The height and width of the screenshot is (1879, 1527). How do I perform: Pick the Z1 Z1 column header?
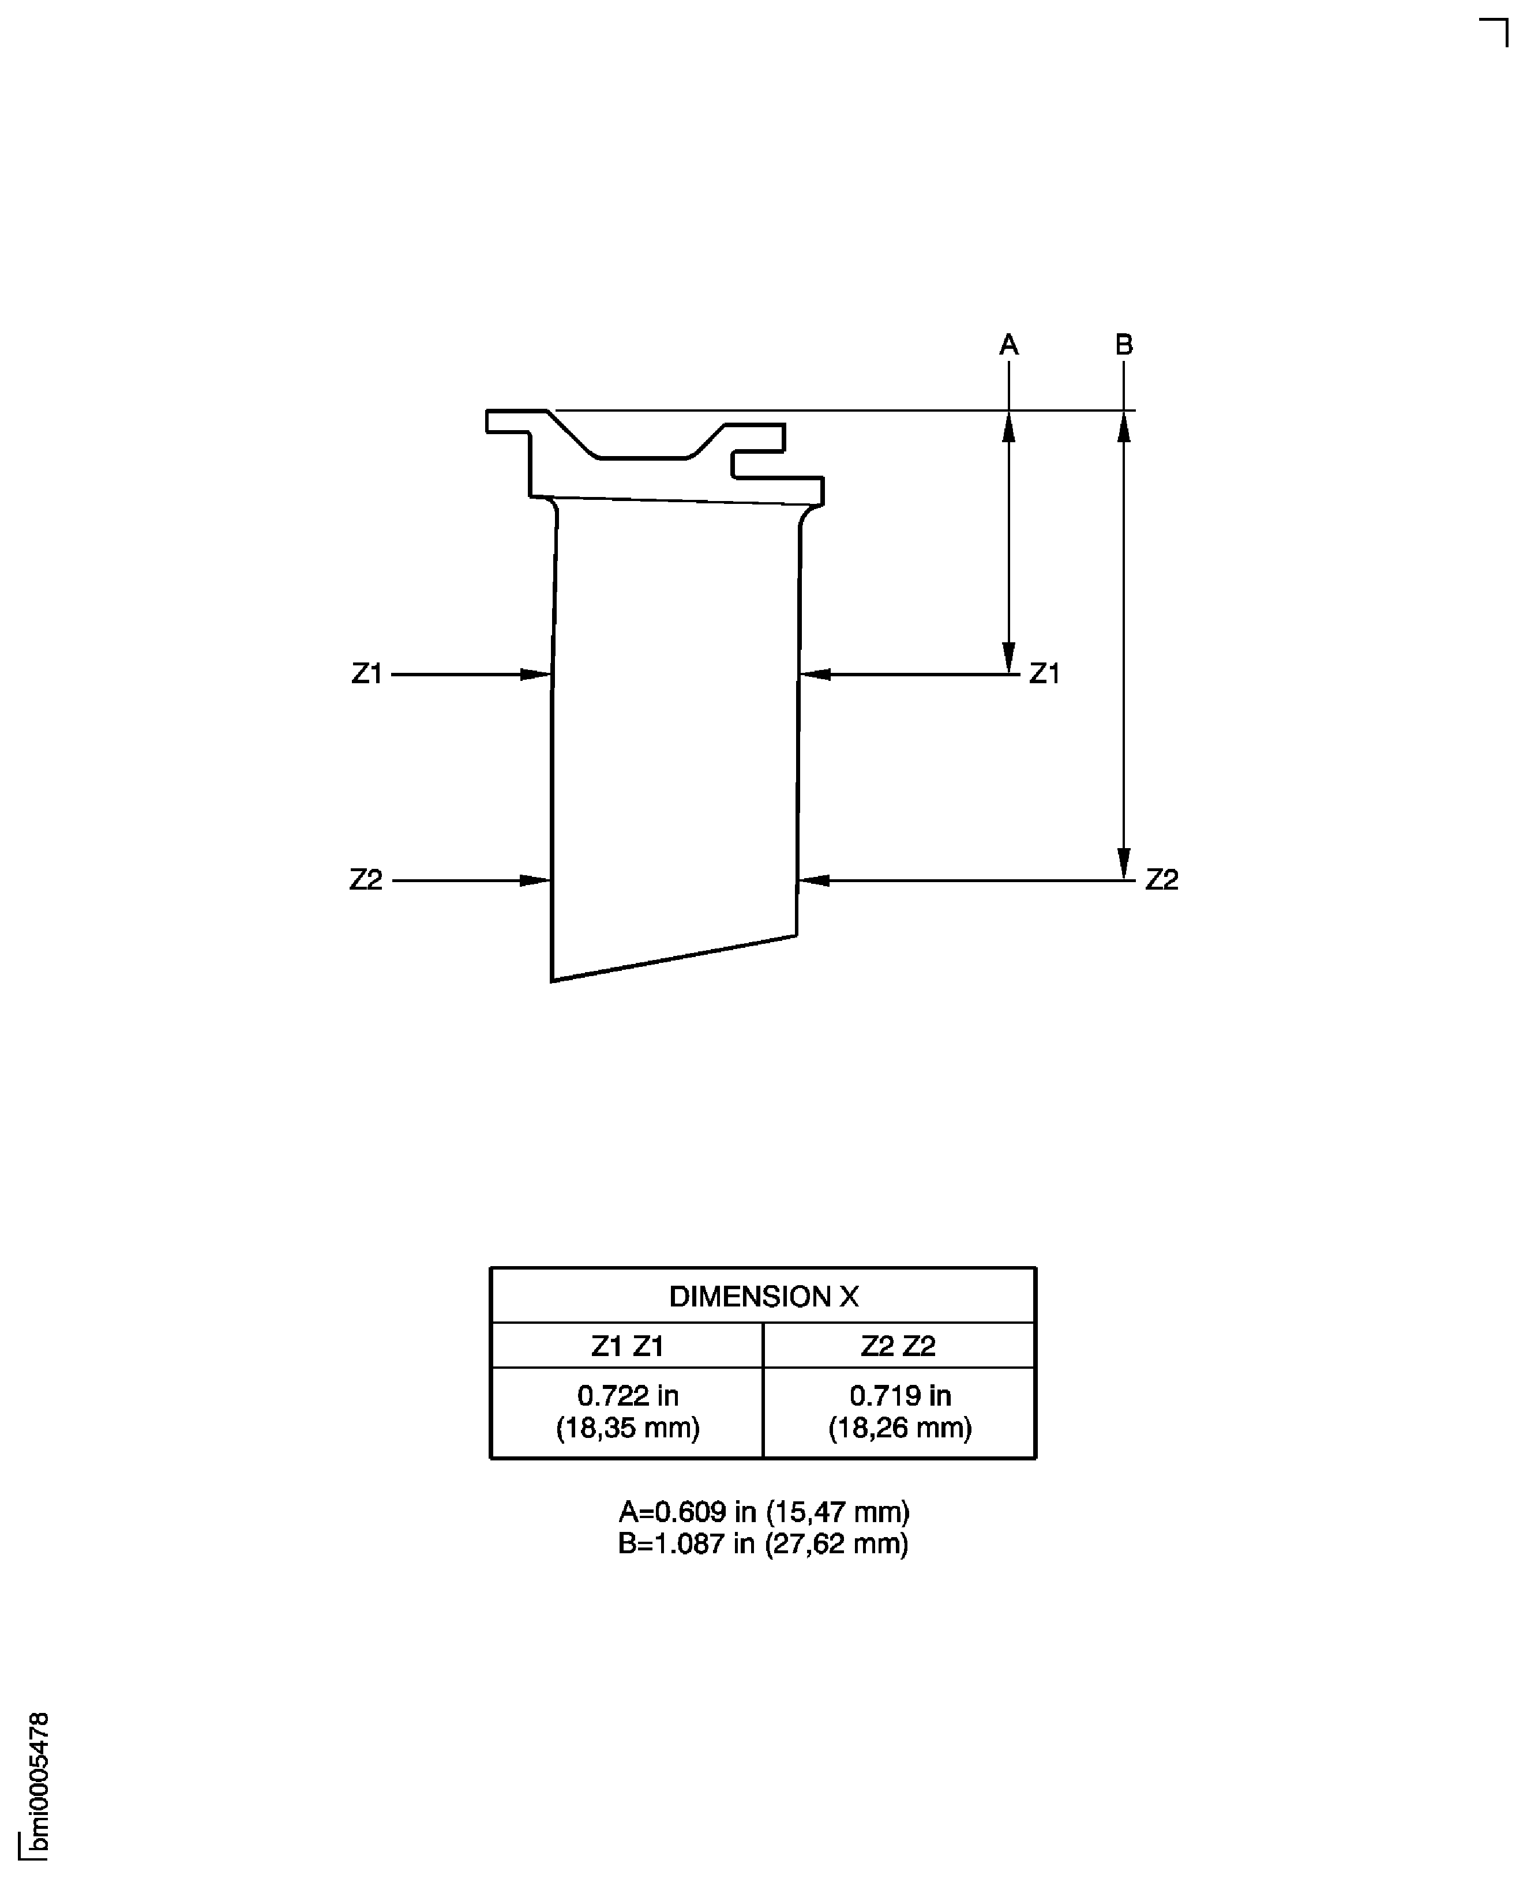coord(627,1345)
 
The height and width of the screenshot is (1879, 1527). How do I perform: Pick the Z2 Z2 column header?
coord(898,1345)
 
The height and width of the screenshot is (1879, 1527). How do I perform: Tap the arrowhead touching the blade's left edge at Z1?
coord(536,675)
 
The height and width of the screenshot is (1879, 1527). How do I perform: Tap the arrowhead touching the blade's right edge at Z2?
coord(813,880)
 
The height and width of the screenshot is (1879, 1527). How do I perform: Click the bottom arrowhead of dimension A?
coord(1009,658)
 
